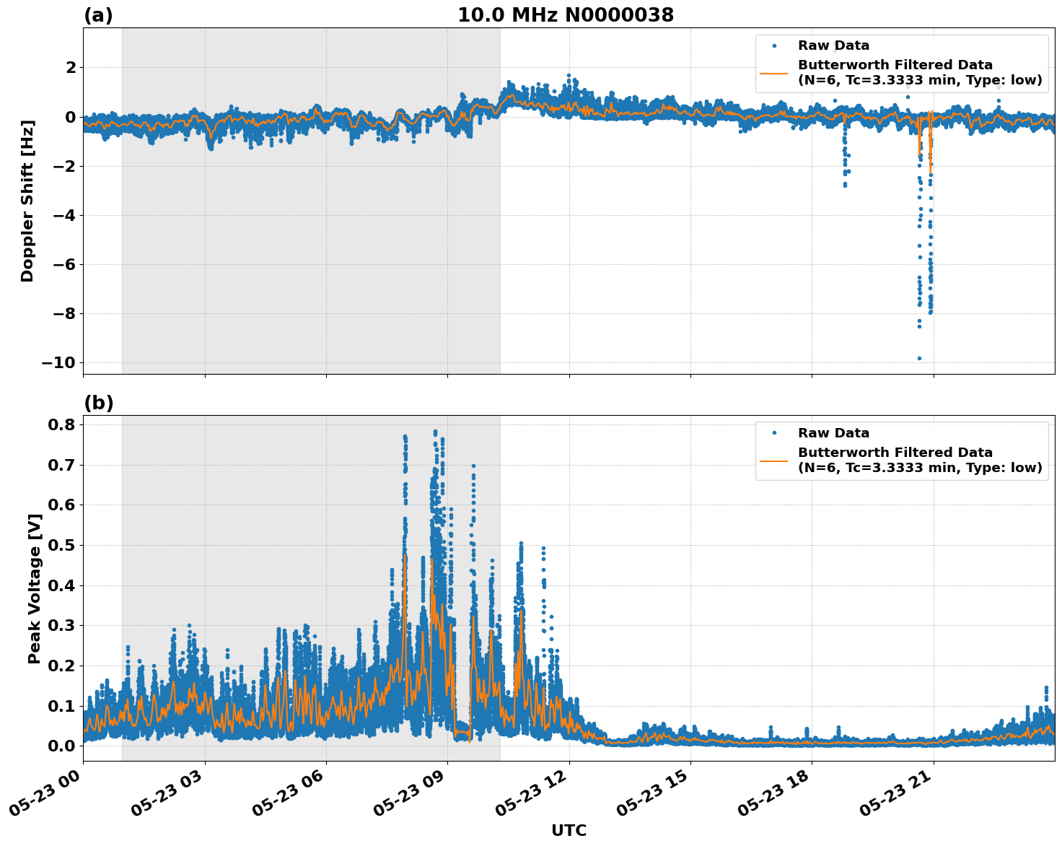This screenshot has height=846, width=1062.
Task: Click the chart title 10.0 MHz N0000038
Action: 566,15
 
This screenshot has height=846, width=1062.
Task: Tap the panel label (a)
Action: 98,15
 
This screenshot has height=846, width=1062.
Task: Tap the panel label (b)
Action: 98,403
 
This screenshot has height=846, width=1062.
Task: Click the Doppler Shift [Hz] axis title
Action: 27,201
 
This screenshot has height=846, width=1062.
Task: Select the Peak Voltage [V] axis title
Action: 34,588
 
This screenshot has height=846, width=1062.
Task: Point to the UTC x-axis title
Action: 569,831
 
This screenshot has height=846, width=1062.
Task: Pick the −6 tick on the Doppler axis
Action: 65,264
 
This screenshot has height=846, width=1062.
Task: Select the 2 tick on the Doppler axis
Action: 71,68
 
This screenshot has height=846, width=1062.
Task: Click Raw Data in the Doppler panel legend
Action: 833,46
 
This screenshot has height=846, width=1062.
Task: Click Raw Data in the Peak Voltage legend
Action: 833,433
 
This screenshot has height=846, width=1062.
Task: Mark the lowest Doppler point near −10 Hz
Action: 919,358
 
